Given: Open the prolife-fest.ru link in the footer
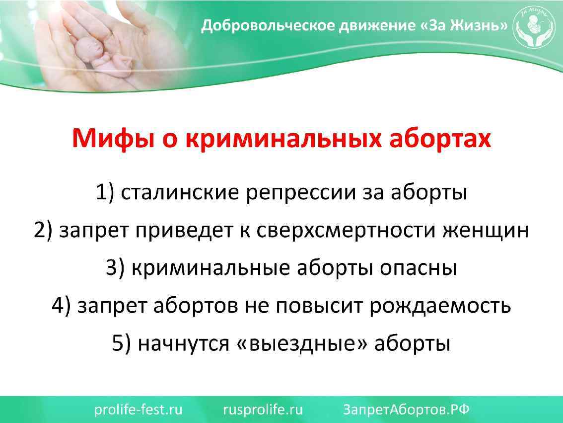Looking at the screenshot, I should (139, 410).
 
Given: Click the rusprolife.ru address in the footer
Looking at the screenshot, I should (263, 410).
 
